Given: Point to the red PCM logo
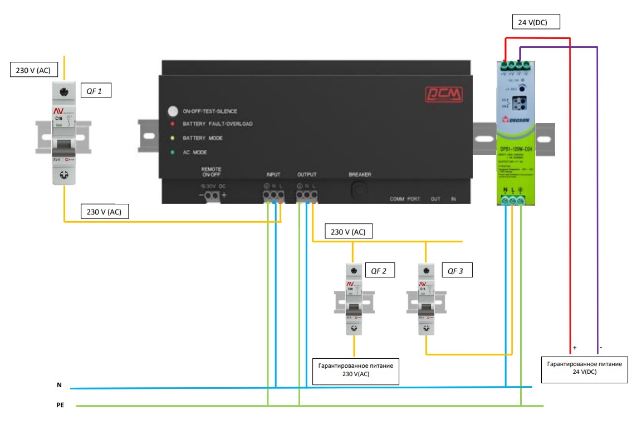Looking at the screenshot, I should (442, 93).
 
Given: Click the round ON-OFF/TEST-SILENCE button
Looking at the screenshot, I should (173, 111).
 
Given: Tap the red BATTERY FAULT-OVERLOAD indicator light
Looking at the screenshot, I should (173, 124).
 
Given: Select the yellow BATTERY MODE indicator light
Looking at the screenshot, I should (173, 137).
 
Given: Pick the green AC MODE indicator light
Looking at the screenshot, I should (173, 152).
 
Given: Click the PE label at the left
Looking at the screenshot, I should (61, 406).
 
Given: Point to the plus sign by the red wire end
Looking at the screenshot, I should (575, 348).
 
